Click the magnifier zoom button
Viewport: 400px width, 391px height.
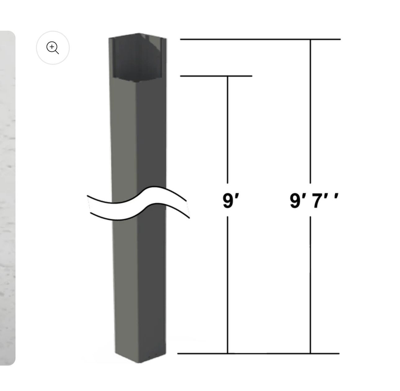pos(53,48)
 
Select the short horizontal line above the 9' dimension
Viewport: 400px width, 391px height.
pos(216,76)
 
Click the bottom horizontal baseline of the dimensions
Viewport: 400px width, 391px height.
pos(258,353)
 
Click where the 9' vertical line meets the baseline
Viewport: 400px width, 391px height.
pos(228,353)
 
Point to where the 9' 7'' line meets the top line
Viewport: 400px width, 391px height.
pos(310,40)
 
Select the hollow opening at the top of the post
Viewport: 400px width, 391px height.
pos(136,59)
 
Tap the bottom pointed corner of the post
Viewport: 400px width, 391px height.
pos(140,362)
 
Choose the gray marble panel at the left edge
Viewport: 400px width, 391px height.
pos(7,198)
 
